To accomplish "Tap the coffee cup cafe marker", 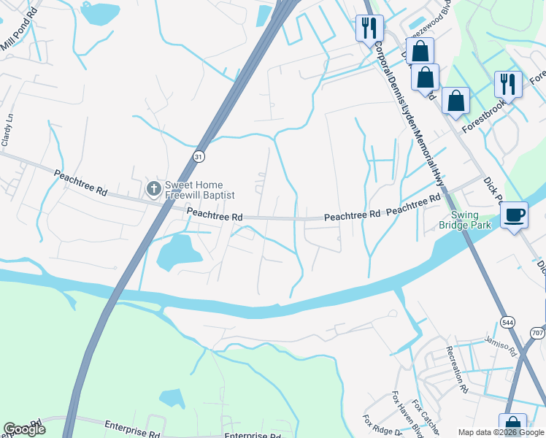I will click(x=515, y=215).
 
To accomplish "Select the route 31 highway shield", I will click(x=199, y=156).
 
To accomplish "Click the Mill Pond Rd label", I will click(x=19, y=34).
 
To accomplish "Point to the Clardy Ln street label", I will click(x=7, y=131).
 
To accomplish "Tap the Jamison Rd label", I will click(x=501, y=344).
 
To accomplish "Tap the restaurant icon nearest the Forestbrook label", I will click(x=507, y=85).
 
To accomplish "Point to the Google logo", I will click(x=25, y=429).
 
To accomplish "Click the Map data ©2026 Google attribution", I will click(x=492, y=432).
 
